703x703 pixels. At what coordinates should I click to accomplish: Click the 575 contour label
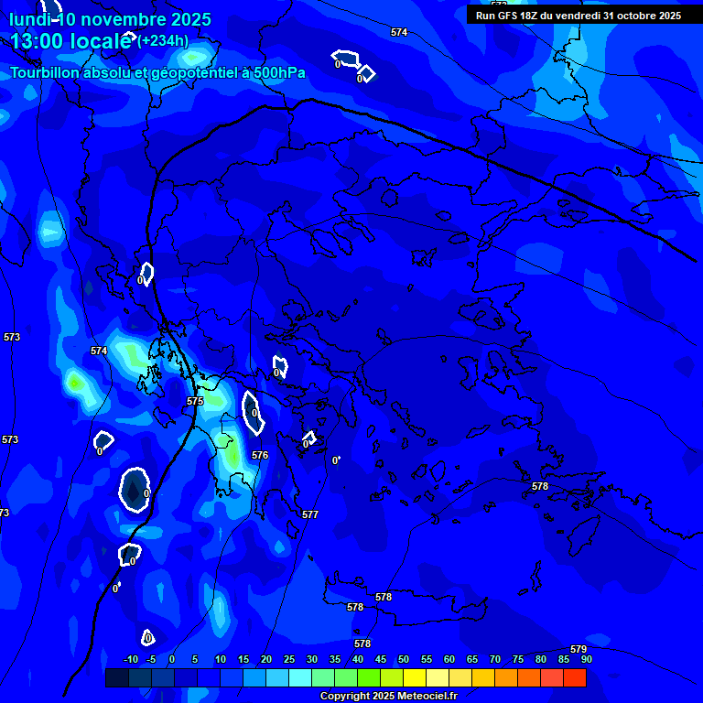pos(195,401)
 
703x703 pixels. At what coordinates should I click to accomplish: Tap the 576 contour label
pos(260,455)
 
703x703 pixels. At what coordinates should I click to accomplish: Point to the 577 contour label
pos(310,514)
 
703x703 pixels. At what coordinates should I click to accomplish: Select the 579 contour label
pos(578,649)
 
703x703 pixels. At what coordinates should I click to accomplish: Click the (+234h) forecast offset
pos(163,41)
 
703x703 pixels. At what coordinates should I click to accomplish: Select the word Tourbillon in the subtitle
pos(47,72)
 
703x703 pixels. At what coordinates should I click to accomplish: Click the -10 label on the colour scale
pos(131,659)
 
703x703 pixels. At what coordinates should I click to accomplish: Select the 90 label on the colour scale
pos(586,659)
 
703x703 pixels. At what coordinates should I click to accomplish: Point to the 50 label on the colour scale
pos(403,659)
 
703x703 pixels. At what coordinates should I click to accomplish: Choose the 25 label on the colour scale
pos(289,659)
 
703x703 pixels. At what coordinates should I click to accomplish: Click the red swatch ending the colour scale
pos(575,677)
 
